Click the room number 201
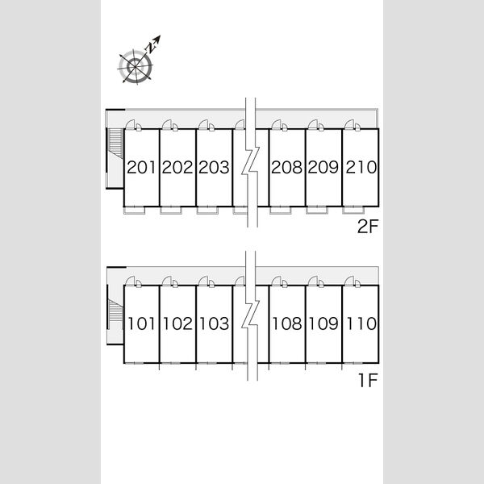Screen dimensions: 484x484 [141, 167]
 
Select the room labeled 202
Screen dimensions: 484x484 [177, 167]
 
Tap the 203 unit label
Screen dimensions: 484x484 [214, 167]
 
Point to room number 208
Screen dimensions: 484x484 [286, 167]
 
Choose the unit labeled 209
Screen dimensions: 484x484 [323, 167]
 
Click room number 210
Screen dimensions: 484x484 [361, 167]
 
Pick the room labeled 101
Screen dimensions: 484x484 [141, 323]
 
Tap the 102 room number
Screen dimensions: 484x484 [177, 323]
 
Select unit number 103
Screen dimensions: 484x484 [214, 323]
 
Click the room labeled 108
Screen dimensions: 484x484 [286, 323]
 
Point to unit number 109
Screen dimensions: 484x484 [323, 323]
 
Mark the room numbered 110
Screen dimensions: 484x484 [361, 323]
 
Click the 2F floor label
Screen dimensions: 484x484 [368, 227]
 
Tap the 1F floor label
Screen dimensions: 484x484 [369, 381]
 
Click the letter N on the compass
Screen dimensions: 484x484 [151, 48]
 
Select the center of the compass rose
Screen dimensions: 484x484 [136, 67]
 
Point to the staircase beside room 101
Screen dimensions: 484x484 [115, 311]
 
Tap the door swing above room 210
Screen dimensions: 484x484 [350, 124]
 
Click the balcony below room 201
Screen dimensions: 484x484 [134, 211]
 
